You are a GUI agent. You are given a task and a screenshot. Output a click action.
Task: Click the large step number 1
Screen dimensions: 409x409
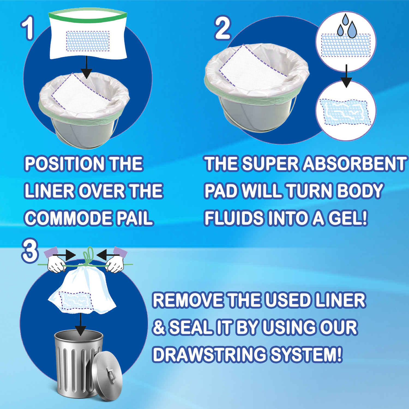(x=28, y=28)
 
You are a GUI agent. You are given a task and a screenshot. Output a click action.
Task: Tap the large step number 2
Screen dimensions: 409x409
(x=223, y=28)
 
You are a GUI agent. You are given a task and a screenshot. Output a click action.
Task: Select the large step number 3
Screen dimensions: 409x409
(x=30, y=251)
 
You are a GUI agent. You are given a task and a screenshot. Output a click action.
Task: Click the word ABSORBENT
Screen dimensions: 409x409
(x=354, y=164)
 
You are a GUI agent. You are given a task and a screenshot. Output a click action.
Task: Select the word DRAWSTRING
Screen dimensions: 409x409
(x=209, y=354)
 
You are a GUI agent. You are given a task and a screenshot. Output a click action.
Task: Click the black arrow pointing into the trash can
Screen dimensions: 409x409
(x=80, y=324)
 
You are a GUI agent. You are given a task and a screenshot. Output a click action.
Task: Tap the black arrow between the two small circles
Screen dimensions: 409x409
(x=346, y=76)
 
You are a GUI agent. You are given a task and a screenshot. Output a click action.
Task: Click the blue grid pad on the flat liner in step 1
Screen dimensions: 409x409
(x=88, y=41)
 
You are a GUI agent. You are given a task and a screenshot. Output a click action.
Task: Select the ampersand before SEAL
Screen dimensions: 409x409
(x=159, y=327)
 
